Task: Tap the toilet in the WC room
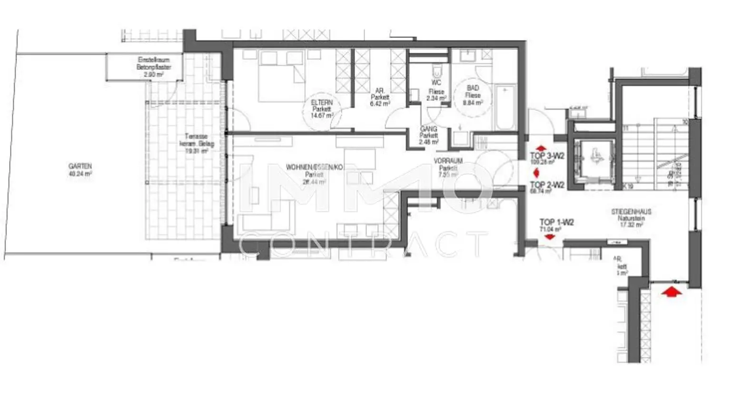[x=436, y=72]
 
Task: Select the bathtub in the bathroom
[x=505, y=107]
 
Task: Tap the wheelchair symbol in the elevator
[x=594, y=155]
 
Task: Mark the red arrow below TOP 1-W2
[x=550, y=237]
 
